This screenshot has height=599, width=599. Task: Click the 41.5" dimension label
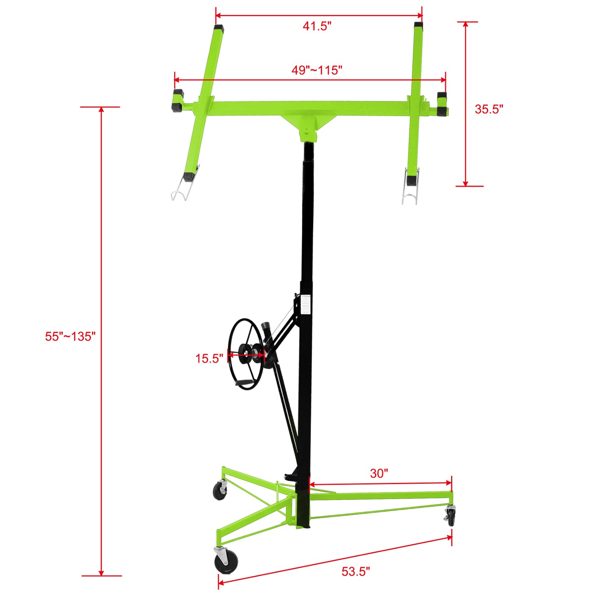[x=317, y=26]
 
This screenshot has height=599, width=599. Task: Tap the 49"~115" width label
[x=317, y=70]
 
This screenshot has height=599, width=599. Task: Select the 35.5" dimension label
[x=489, y=109]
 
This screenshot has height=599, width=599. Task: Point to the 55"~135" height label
[x=70, y=336]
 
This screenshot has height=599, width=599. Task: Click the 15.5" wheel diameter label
[x=209, y=358]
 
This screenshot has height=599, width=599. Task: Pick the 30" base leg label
[x=379, y=473]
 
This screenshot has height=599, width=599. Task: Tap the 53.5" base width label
[x=356, y=571]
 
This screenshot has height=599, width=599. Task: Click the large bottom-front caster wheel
[x=226, y=563]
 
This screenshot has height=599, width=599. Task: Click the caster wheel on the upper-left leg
[x=220, y=491]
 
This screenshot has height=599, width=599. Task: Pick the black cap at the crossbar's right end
[x=443, y=105]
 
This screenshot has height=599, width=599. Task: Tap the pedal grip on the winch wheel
[x=245, y=381]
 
